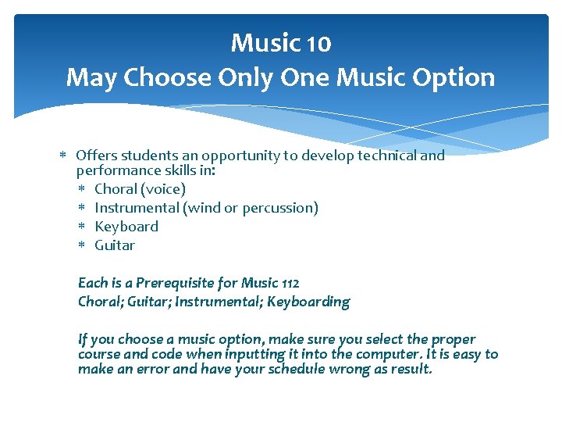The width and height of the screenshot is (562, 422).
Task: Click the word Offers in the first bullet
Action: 97,156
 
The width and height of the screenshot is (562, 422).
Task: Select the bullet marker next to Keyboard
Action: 82,227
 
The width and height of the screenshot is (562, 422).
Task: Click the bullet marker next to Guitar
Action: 82,246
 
